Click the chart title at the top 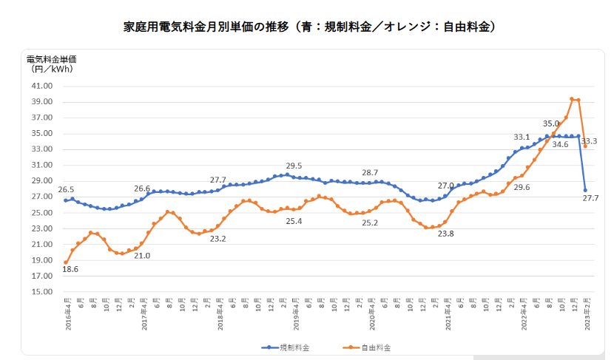pyautogui.click(x=309, y=27)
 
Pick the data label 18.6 pyautogui.click(x=70, y=270)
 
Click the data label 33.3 pyautogui.click(x=590, y=140)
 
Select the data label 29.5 pyautogui.click(x=294, y=167)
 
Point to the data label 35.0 pyautogui.click(x=551, y=123)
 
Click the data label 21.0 pyautogui.click(x=143, y=256)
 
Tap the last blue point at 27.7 pyautogui.click(x=585, y=190)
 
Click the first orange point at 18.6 pyautogui.click(x=66, y=262)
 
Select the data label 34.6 pyautogui.click(x=560, y=145)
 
